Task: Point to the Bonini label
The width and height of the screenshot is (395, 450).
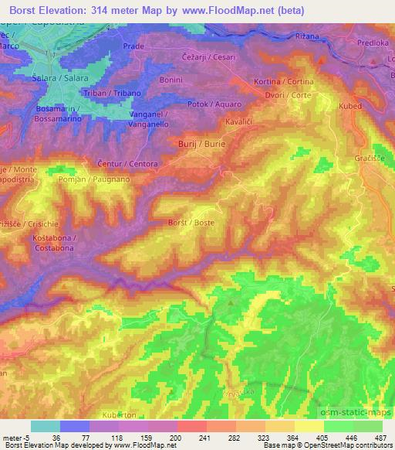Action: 170,80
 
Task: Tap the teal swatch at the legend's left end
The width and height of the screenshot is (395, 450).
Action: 46,426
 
